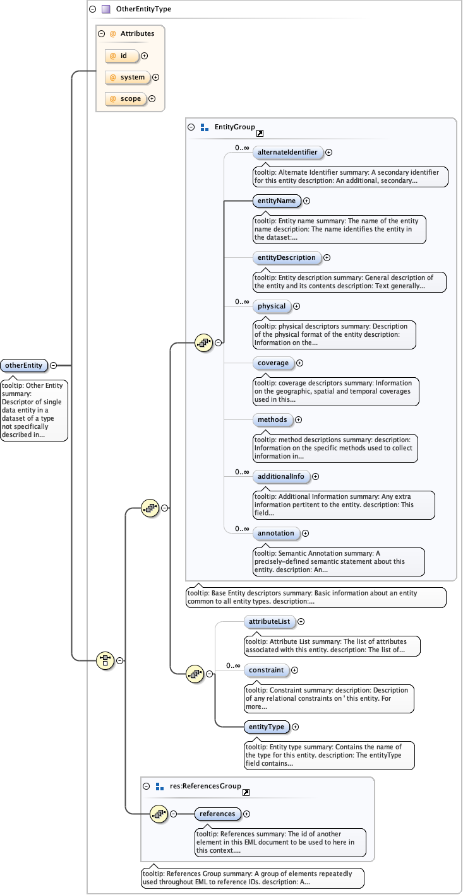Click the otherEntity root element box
(x=25, y=365)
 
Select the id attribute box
(x=122, y=56)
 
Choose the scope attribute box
(x=125, y=99)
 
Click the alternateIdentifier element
(x=287, y=152)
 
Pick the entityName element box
(x=276, y=201)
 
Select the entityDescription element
(x=286, y=257)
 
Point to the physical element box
(x=272, y=307)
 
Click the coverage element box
(x=273, y=363)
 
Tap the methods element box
(x=272, y=419)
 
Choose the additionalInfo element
(x=281, y=476)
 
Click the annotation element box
(x=276, y=533)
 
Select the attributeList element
(x=269, y=622)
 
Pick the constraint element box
(x=266, y=670)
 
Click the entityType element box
(x=267, y=727)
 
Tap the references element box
(x=217, y=814)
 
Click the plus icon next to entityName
(x=307, y=201)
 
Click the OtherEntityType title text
(x=143, y=9)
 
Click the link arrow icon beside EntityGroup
(x=260, y=133)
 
